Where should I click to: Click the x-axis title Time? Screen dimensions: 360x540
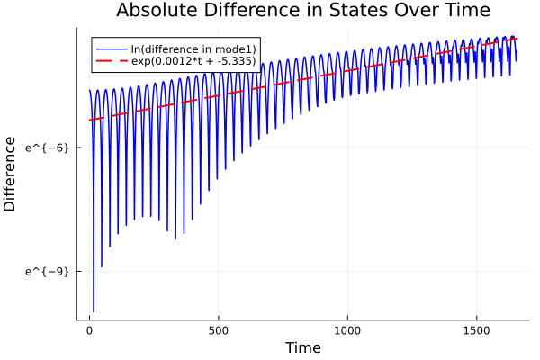(303, 347)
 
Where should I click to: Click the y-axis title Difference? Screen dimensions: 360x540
(11, 174)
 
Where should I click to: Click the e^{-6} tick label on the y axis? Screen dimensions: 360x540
(47, 148)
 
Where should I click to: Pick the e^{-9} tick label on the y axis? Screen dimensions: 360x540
(47, 271)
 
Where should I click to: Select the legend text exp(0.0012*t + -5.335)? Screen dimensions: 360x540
(193, 61)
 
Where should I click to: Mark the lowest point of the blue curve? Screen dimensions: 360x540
(94, 311)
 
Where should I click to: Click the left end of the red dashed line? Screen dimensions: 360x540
(89, 120)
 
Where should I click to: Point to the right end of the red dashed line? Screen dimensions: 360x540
(517, 39)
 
